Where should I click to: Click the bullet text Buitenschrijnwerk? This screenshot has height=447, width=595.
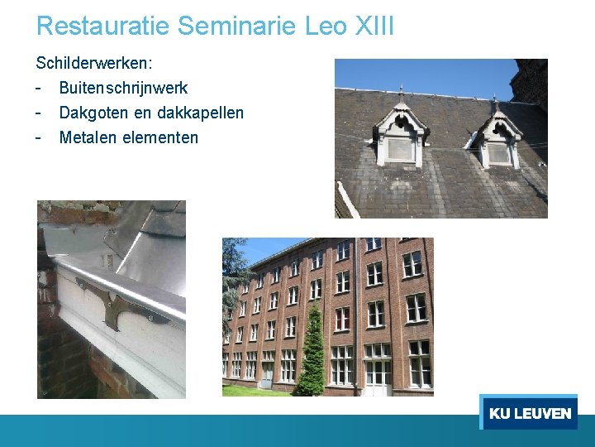tap(123, 88)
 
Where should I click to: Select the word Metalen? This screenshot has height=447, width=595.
tap(88, 137)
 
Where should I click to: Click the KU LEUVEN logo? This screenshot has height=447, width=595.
tap(529, 413)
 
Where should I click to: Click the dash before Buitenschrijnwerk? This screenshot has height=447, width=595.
tap(39, 88)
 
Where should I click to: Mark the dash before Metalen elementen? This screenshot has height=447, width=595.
tap(39, 137)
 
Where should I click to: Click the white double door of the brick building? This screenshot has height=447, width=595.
tap(378, 377)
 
